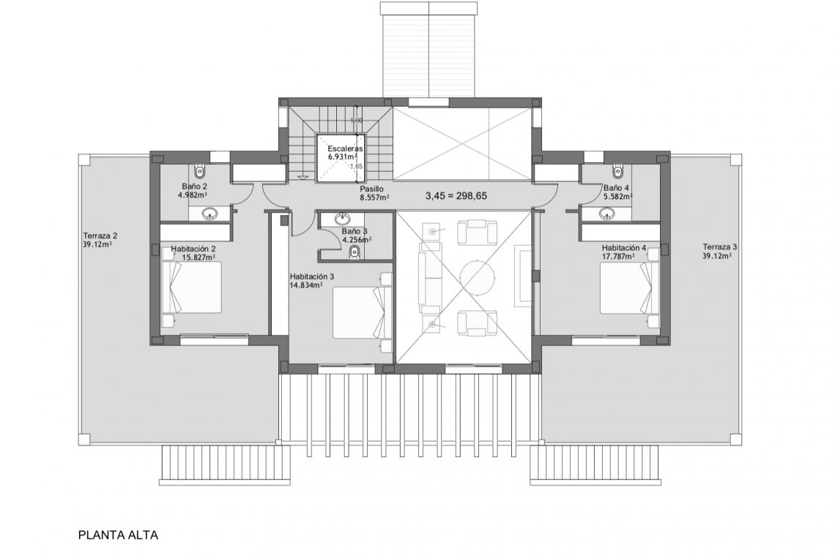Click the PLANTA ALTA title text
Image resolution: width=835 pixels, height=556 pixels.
[x=118, y=535]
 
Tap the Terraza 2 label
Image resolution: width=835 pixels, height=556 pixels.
[x=100, y=236]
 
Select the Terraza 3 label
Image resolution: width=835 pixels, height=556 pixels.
[x=719, y=247]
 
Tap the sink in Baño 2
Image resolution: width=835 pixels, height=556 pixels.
[x=210, y=214]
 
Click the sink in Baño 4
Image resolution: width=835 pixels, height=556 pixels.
[x=606, y=214]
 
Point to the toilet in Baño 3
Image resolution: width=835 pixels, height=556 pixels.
[x=355, y=252]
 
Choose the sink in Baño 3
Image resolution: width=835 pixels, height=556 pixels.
[x=343, y=218]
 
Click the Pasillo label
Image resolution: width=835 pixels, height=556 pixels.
[x=371, y=188]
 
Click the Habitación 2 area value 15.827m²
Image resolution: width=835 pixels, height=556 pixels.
[x=198, y=258]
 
